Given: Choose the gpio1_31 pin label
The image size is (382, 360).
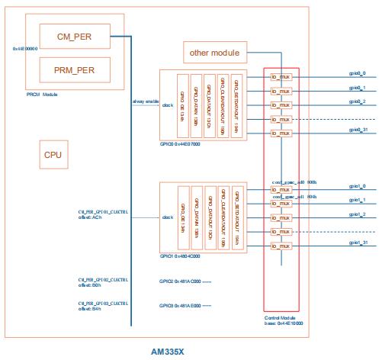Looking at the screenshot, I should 357,243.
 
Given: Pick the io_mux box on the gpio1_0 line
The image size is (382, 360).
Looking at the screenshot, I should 280,188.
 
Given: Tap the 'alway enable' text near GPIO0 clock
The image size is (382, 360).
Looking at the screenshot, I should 145,101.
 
